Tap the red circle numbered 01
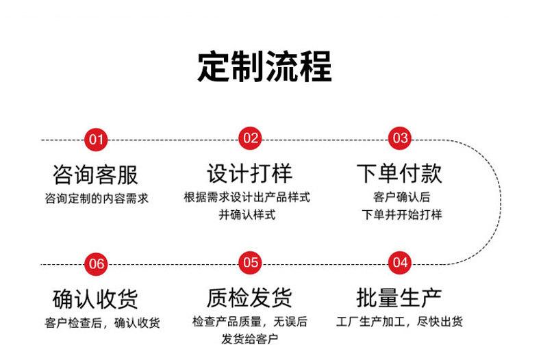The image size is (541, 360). click(96, 140)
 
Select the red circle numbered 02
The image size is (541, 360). click(251, 139)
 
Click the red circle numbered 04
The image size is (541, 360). click(400, 263)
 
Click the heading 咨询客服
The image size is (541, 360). click(95, 175)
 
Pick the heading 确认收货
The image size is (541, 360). click(95, 299)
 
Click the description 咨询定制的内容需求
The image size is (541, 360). click(97, 198)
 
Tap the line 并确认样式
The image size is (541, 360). click(247, 215)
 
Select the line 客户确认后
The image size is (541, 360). click(401, 197)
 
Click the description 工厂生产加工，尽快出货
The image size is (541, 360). click(400, 322)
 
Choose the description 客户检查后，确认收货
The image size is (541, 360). click(102, 322)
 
